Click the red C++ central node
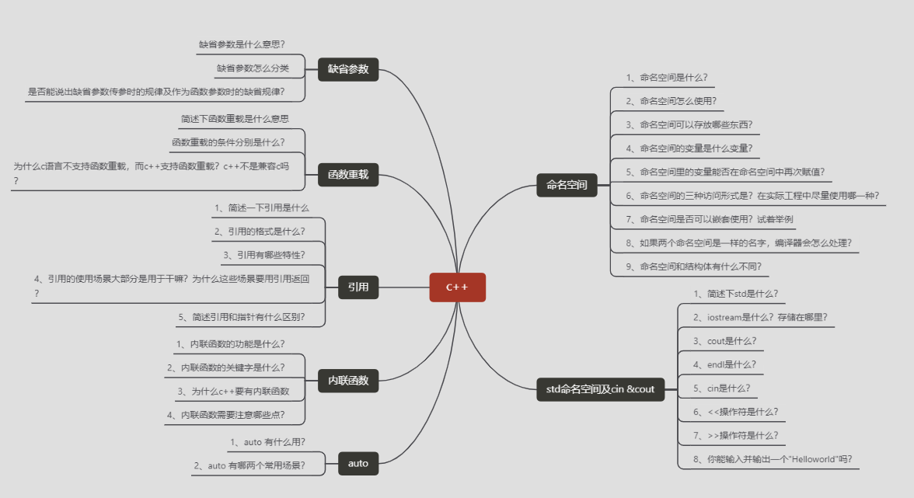pyautogui.click(x=457, y=287)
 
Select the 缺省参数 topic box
pyautogui.click(x=348, y=69)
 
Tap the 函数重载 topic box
pyautogui.click(x=348, y=175)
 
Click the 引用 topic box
pyautogui.click(x=358, y=287)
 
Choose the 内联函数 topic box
pyautogui.click(x=348, y=381)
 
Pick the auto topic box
pyautogui.click(x=358, y=463)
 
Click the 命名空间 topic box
pyautogui.click(x=567, y=185)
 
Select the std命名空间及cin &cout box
pyautogui.click(x=601, y=388)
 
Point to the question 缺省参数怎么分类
pyautogui.click(x=253, y=68)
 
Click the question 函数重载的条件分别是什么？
pyautogui.click(x=228, y=142)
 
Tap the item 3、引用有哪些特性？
pyautogui.click(x=264, y=255)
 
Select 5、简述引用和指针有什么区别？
pyautogui.click(x=242, y=316)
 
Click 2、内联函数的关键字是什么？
pyautogui.click(x=226, y=367)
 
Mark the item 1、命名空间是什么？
pyautogui.click(x=666, y=78)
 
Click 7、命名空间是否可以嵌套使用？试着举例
pyautogui.click(x=710, y=220)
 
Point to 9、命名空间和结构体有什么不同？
pyautogui.click(x=693, y=266)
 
